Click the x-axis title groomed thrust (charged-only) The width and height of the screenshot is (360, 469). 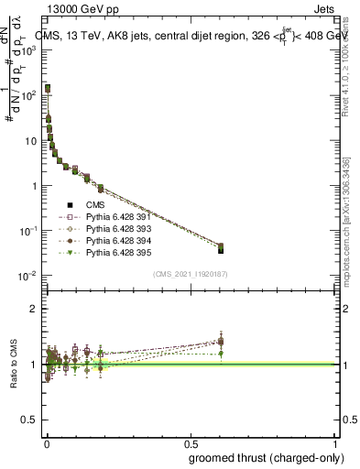click(x=275, y=457)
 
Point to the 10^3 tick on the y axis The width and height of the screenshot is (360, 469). click(x=31, y=51)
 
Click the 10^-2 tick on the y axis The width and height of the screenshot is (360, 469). click(x=29, y=276)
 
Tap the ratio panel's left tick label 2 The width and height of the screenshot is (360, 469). click(x=35, y=309)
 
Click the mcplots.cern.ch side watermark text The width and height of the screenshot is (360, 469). click(x=349, y=229)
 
